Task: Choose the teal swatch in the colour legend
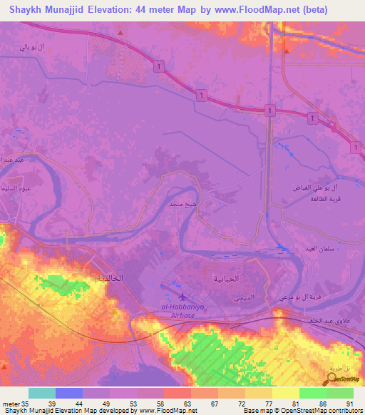click(x=41, y=393)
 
